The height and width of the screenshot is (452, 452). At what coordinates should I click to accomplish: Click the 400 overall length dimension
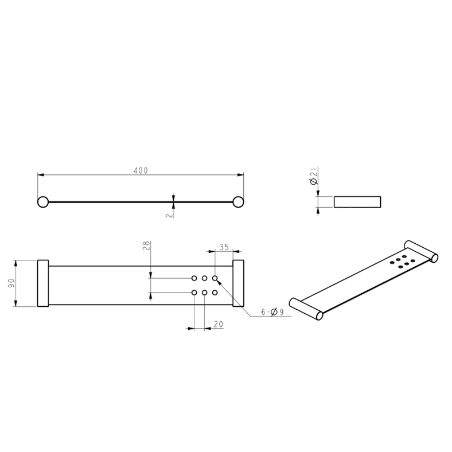(x=141, y=170)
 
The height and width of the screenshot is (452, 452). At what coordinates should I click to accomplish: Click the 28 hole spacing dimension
(x=146, y=247)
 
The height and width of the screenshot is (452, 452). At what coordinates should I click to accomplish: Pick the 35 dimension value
(x=224, y=247)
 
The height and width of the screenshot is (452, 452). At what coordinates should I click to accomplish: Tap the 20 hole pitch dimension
(x=218, y=325)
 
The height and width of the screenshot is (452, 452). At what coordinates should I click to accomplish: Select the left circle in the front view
(x=42, y=201)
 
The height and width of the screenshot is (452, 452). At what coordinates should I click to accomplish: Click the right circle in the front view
(x=237, y=201)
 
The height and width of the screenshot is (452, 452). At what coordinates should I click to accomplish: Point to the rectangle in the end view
(x=356, y=201)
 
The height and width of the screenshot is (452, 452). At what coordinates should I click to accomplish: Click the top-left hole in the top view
(x=194, y=278)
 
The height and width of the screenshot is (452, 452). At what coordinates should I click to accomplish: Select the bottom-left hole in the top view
(x=194, y=293)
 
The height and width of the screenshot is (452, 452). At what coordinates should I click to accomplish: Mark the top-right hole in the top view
(x=215, y=278)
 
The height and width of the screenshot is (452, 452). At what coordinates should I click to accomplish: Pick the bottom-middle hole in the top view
(x=205, y=293)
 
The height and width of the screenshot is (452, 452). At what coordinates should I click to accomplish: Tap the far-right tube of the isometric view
(x=421, y=249)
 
